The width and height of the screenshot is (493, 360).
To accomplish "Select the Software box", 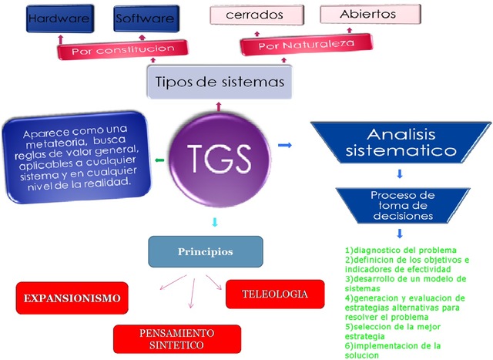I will (146, 19).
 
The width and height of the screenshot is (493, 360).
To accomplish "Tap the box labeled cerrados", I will (255, 15).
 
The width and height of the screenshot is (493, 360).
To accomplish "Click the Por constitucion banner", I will (122, 50).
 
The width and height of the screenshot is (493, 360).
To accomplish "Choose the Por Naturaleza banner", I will (306, 45).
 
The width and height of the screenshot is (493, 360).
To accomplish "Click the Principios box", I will (206, 251).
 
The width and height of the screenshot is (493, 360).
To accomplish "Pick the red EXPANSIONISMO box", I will (72, 298).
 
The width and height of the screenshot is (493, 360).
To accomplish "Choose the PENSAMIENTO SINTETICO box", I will (177, 338).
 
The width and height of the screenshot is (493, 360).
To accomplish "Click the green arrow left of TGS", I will (159, 160).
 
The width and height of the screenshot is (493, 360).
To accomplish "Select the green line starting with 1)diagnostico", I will (401, 250).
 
